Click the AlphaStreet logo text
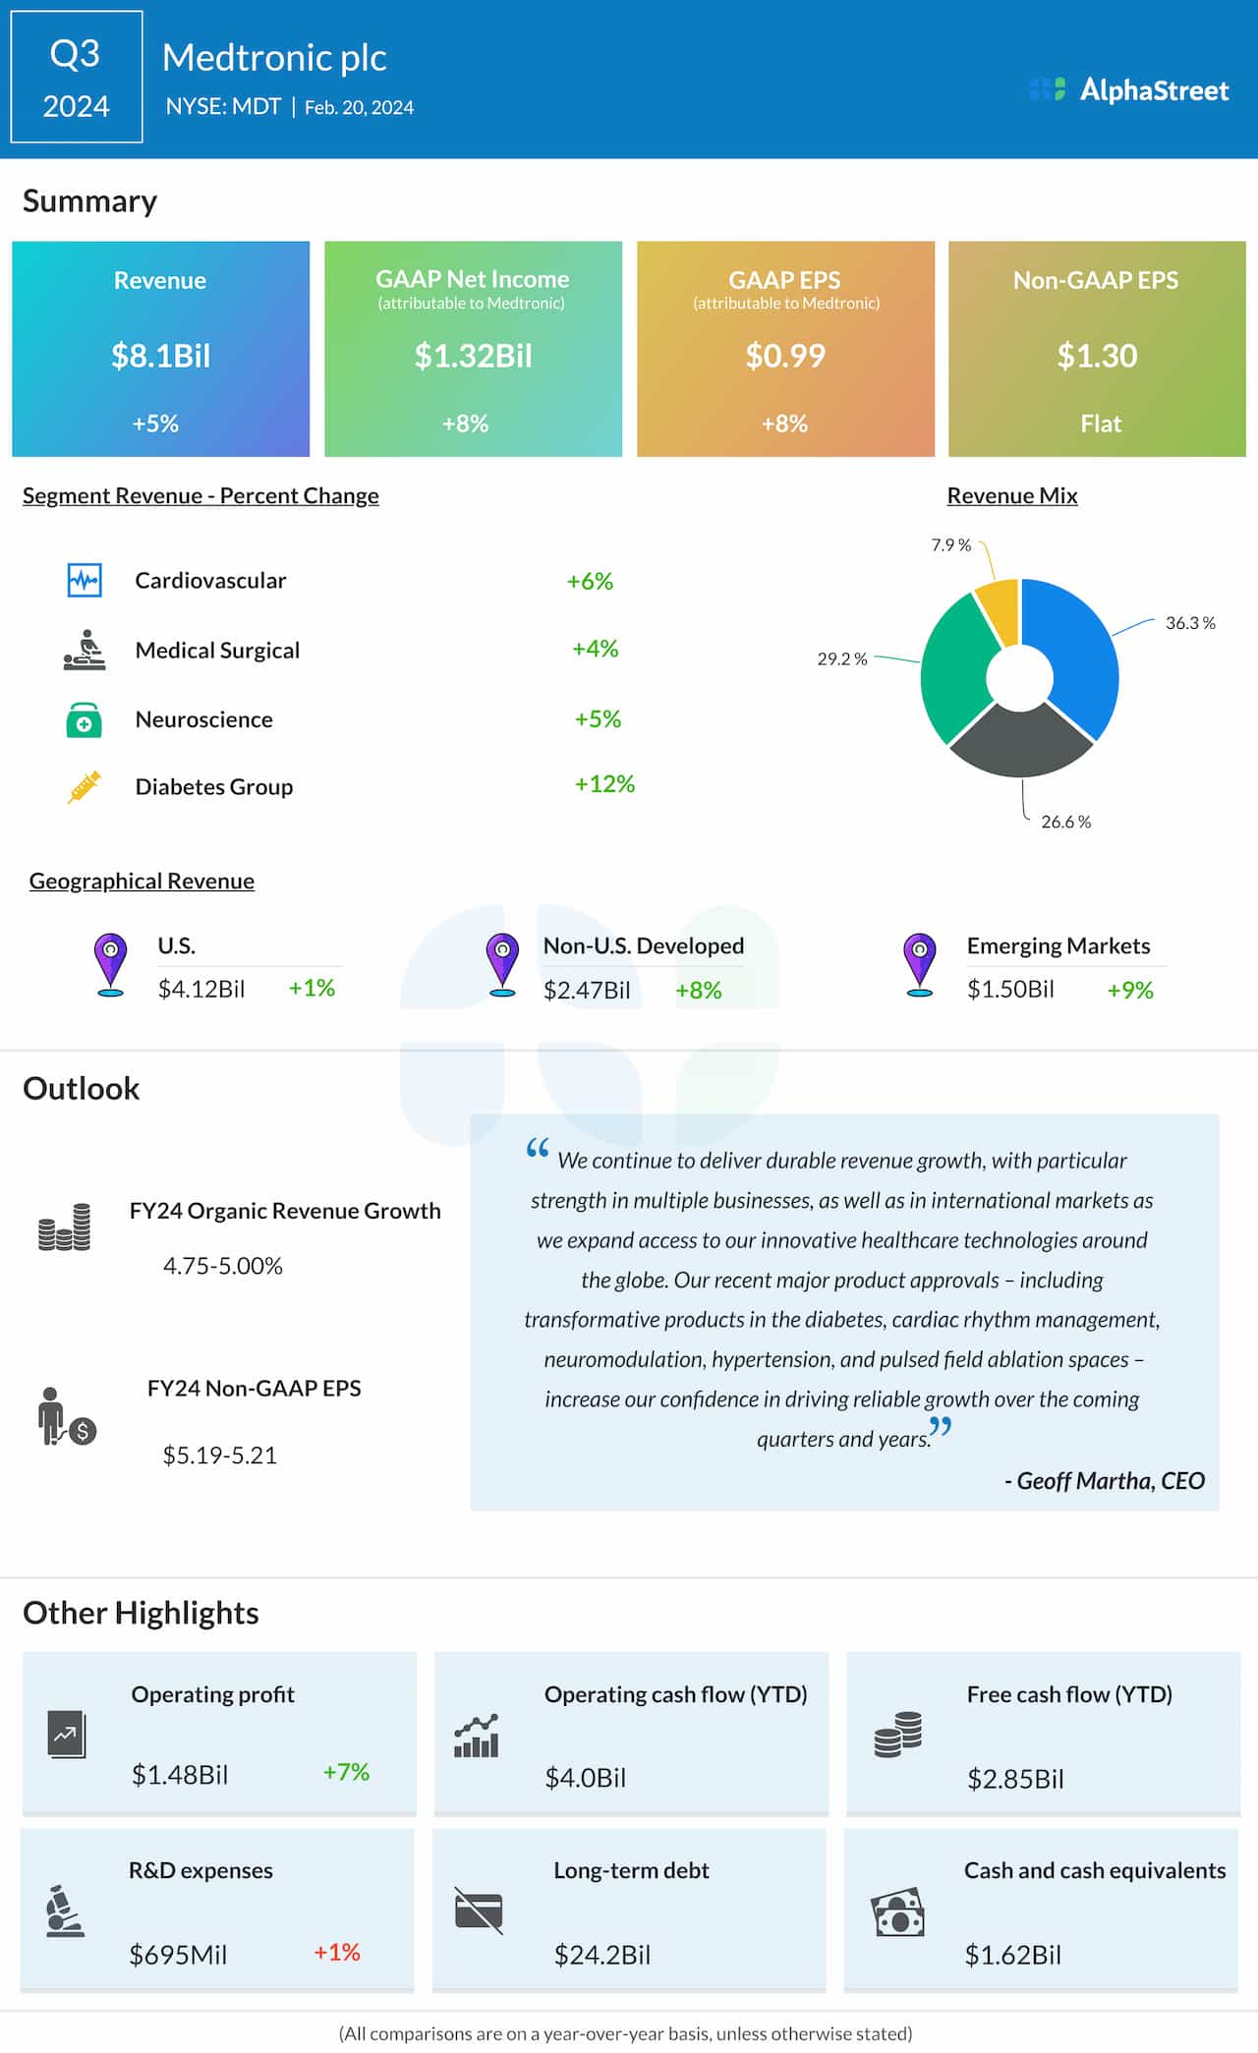coord(1154,90)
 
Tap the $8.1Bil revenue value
coord(160,356)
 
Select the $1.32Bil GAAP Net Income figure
coord(473,356)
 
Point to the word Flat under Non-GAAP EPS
coord(1100,424)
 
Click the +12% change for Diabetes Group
coord(604,784)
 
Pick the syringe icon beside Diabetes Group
coord(85,787)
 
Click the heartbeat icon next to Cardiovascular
coord(85,580)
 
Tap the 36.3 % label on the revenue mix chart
coord(1189,623)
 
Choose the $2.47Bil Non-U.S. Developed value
coord(587,990)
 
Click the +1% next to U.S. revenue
coord(312,988)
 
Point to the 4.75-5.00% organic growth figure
coord(223,1266)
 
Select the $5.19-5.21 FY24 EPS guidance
coord(220,1454)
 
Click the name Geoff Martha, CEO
coord(1105,1481)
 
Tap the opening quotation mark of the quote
coord(537,1149)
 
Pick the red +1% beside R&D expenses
coord(336,1952)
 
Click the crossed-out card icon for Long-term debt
coord(479,1910)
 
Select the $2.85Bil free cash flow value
coord(1015,1779)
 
